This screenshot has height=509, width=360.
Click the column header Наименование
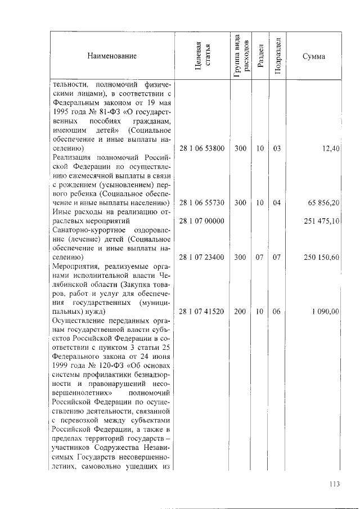[x=111, y=56]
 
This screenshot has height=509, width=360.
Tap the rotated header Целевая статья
[x=202, y=56]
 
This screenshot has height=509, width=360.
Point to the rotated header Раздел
[x=260, y=56]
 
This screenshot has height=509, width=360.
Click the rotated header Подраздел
[x=277, y=56]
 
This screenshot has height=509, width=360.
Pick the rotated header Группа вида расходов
[x=240, y=56]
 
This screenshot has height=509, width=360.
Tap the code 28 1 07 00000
[x=202, y=221]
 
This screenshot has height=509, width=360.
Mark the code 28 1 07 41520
[x=202, y=311]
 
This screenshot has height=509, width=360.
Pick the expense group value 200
[x=240, y=311]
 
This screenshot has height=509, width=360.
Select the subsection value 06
[x=277, y=311]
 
